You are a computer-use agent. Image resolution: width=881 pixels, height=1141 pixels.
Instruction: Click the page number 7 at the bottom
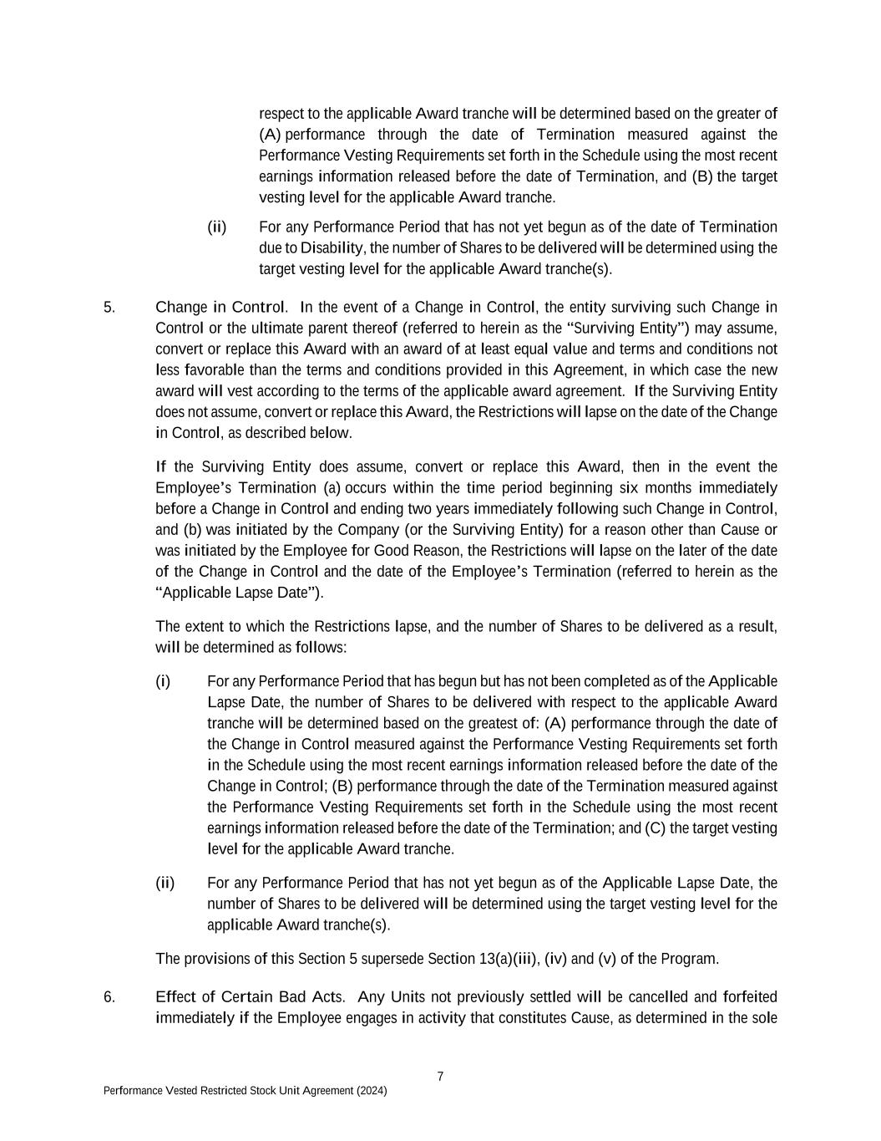tap(440, 1076)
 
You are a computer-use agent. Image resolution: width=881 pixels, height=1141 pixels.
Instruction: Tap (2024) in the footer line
tap(371, 1091)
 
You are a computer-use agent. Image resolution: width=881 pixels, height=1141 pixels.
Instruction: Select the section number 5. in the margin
tap(109, 307)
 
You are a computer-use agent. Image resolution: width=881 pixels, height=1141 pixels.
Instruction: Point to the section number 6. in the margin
tap(109, 996)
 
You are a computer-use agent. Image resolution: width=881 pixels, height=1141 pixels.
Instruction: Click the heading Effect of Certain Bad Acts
tap(250, 996)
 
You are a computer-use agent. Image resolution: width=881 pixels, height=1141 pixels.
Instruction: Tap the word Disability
tap(332, 248)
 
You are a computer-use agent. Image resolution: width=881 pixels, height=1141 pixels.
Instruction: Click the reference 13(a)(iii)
tap(509, 959)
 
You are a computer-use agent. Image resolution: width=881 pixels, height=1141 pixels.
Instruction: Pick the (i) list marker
tap(163, 681)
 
